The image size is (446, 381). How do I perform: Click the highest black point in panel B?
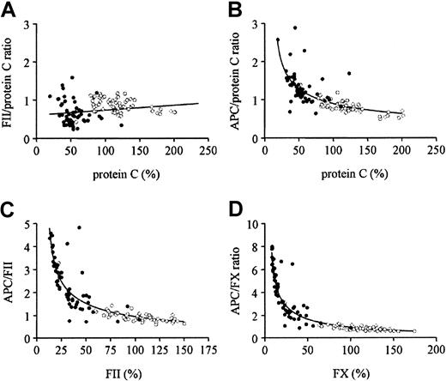click(295, 28)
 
